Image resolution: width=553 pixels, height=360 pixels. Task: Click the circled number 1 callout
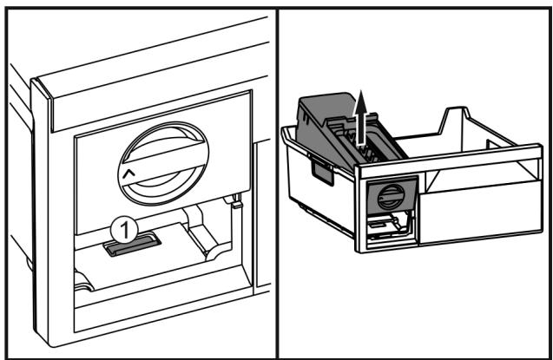pyautogui.click(x=124, y=230)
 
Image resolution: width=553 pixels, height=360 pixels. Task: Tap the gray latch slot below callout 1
pyautogui.click(x=132, y=244)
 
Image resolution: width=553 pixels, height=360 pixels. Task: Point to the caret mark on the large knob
pyautogui.click(x=129, y=173)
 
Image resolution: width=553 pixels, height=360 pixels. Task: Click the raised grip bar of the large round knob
pyautogui.click(x=163, y=163)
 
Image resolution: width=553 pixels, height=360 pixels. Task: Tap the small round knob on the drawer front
pyautogui.click(x=391, y=197)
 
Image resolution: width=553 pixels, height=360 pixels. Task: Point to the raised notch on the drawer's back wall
pyautogui.click(x=457, y=121)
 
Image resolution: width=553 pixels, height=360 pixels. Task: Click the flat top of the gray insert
pyautogui.click(x=325, y=106)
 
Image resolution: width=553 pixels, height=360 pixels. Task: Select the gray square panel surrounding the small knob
pyautogui.click(x=392, y=196)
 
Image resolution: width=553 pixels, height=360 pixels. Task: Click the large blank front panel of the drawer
pyautogui.click(x=480, y=212)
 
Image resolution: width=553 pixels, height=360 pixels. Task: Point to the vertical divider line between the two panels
pyautogui.click(x=277, y=183)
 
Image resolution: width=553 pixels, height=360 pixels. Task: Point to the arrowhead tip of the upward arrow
pyautogui.click(x=360, y=91)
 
